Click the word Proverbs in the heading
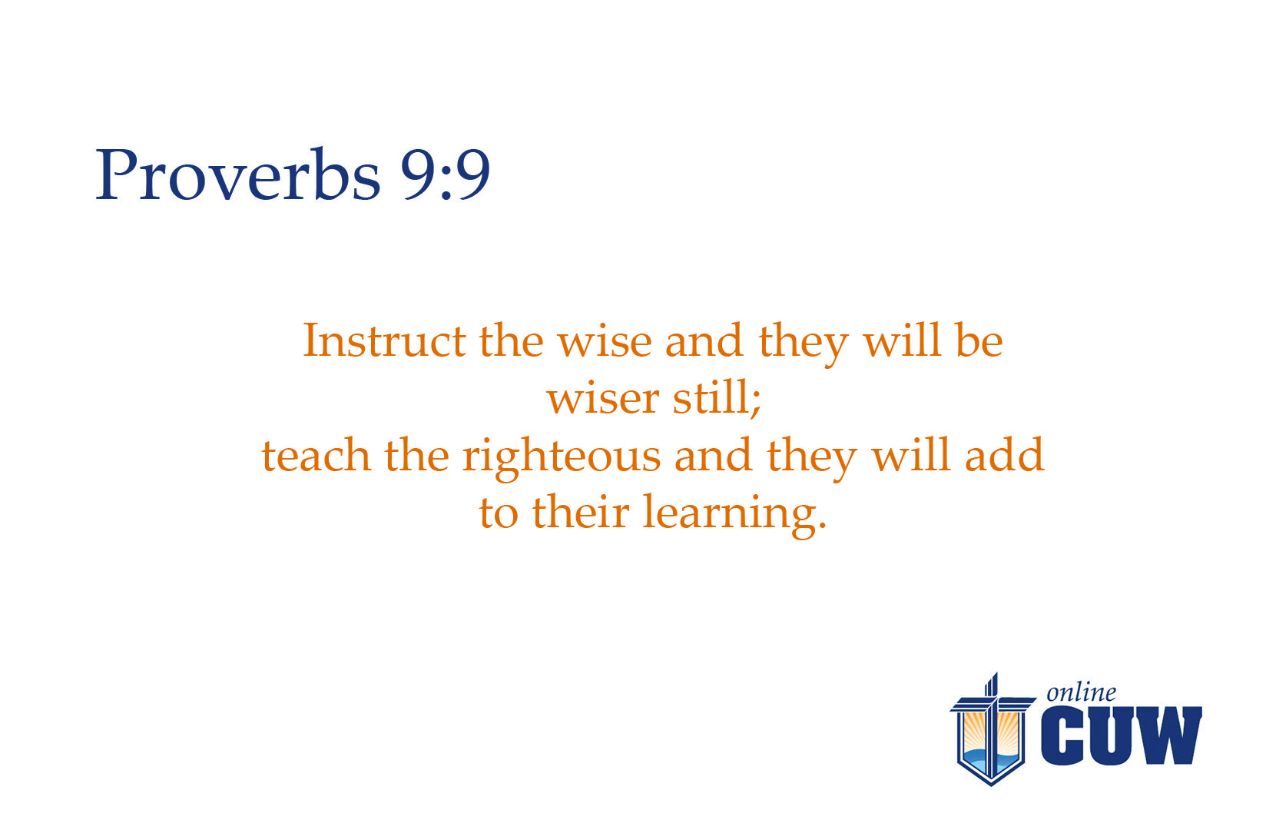238,174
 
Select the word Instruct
384,340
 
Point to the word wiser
602,398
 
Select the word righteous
562,458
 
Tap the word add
1004,454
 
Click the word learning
734,514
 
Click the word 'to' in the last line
499,513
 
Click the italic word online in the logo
1081,692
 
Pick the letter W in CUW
1165,735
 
